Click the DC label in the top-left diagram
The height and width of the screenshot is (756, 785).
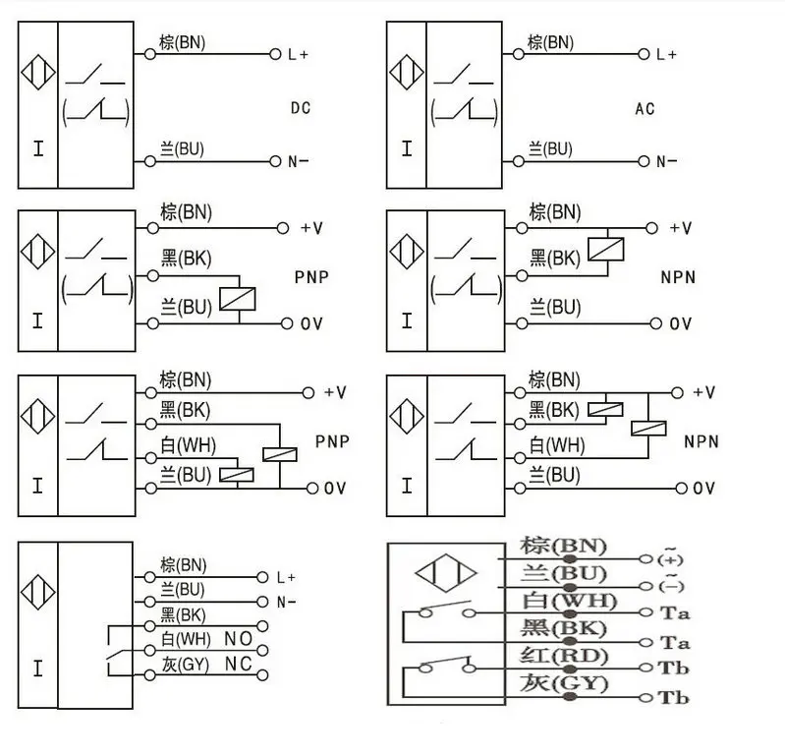coord(301,108)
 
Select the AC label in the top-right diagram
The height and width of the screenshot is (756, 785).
coord(645,109)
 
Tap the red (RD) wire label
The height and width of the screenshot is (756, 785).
coord(564,656)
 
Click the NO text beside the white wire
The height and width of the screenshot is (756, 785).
coord(239,639)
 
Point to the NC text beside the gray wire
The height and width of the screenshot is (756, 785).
coord(239,664)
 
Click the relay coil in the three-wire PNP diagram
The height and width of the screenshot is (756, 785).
coord(238,299)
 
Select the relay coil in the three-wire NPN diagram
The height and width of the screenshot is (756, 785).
coord(606,249)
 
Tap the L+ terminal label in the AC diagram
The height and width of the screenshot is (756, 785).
coord(666,54)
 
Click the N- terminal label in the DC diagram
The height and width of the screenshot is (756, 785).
coord(298,161)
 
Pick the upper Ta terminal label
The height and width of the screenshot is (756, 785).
coord(675,613)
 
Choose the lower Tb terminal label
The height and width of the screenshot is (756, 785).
coord(673,697)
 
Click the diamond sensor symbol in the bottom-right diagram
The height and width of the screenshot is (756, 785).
coord(446,573)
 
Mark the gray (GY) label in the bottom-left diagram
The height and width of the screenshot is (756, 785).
coord(185,665)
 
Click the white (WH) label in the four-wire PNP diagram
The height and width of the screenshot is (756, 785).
coord(188,445)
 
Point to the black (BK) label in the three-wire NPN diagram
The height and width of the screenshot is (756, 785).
coord(555,259)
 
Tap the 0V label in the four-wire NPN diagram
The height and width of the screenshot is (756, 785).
coord(703,488)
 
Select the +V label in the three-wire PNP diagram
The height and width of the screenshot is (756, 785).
coord(311,228)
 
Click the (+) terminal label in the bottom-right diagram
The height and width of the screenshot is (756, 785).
coord(670,557)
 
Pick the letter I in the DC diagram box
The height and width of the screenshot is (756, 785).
coord(38,148)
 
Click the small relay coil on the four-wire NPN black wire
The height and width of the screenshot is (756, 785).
coord(605,410)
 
